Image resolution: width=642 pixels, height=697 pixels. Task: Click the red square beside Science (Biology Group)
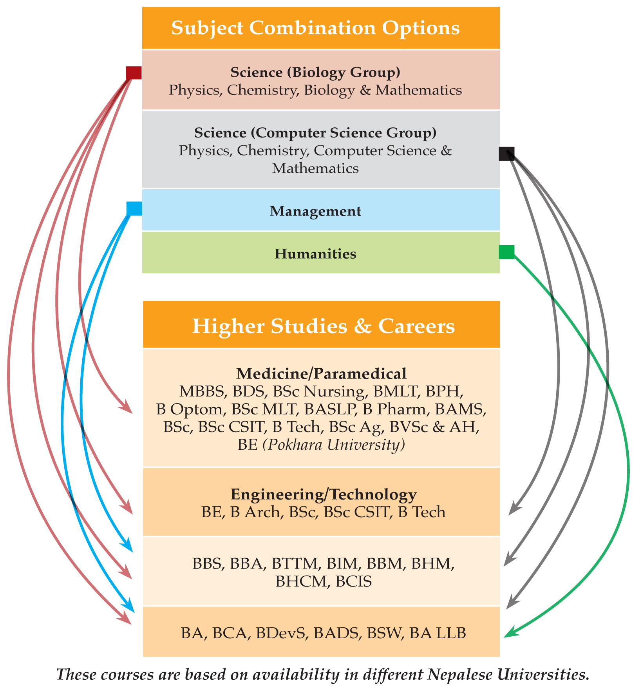pos(134,73)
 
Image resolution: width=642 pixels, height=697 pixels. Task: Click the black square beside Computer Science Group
pos(506,154)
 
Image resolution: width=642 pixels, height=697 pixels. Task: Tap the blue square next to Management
pos(134,208)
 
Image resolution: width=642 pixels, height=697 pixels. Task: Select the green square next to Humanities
pos(506,252)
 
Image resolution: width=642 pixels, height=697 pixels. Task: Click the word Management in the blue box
pos(315,211)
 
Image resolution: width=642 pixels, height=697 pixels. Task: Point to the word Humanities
pos(315,254)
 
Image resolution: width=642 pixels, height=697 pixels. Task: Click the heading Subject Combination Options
pos(315,28)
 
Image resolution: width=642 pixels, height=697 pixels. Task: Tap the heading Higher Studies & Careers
pos(324,326)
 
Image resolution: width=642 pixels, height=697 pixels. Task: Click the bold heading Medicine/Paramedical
pos(321,374)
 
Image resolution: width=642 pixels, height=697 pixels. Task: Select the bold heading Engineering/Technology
pos(324,494)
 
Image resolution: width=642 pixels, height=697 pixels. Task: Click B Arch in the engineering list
pos(256,512)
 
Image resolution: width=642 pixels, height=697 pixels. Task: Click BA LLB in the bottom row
pos(438,633)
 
